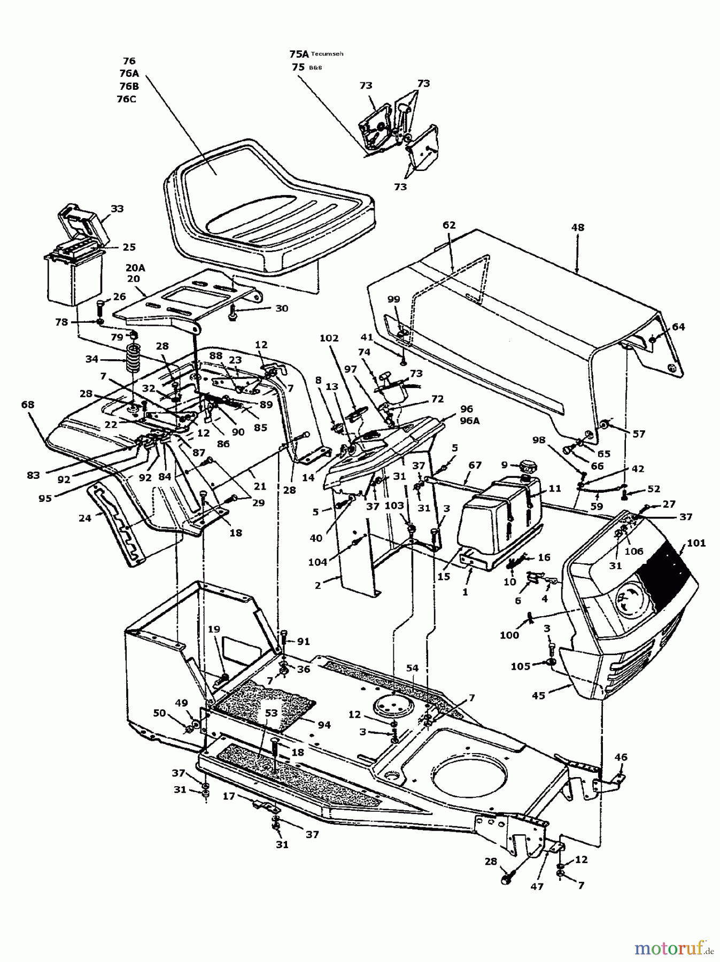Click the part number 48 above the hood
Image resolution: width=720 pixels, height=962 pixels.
pos(577,228)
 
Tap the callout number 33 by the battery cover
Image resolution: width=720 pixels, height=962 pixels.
pos(117,209)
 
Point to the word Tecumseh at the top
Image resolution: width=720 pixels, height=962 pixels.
pos(327,53)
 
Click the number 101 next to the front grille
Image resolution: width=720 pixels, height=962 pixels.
pos(696,544)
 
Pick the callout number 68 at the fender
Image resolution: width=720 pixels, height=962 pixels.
pos(28,405)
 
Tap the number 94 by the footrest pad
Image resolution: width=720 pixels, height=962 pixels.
pos(324,725)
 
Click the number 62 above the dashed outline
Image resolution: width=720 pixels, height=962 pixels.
pos(449,225)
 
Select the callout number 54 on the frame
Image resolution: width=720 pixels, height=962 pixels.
pos(412,669)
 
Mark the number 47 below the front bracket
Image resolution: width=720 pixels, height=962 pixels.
pos(537,887)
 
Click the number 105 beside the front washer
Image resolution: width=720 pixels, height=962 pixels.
pos(520,666)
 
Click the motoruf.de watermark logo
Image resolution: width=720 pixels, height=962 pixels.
pos(674,948)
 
